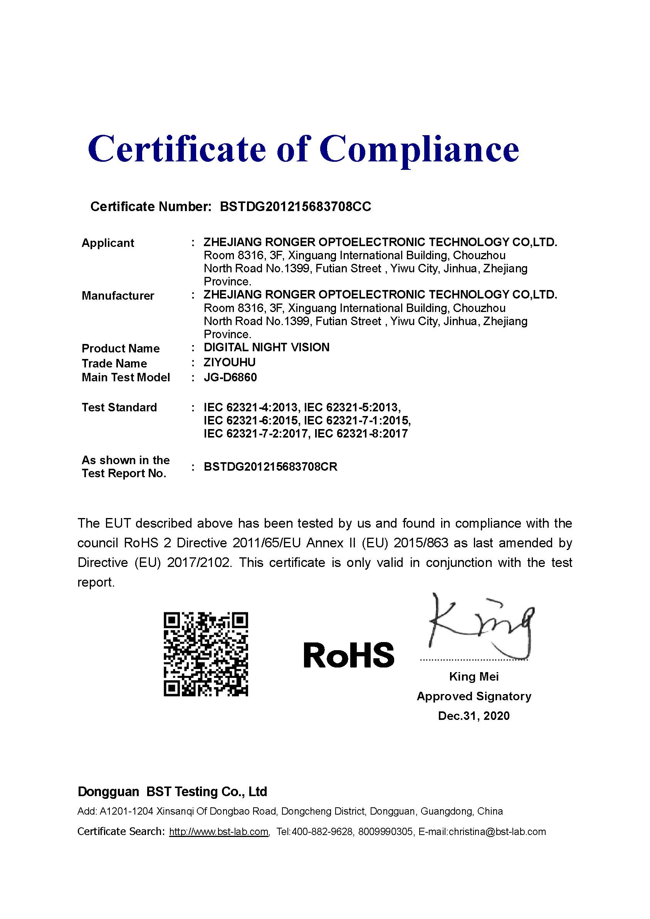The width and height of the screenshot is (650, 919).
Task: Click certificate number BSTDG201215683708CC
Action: [x=296, y=206]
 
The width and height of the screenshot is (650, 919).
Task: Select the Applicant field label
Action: [x=108, y=243]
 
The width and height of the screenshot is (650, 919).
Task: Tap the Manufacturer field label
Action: [x=118, y=296]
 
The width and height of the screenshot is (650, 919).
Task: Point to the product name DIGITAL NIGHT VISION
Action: [x=266, y=347]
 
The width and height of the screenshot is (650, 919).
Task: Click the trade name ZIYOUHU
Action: [x=230, y=363]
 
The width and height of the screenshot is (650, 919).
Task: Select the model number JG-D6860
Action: [x=230, y=377]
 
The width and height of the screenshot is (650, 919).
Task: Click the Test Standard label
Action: [x=119, y=408]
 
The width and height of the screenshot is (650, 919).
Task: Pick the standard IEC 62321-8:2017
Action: [x=361, y=434]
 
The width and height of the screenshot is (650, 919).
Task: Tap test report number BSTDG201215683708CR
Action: [x=270, y=467]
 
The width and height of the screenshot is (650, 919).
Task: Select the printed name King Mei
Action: [x=474, y=677]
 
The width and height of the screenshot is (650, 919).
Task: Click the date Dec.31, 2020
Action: [x=474, y=716]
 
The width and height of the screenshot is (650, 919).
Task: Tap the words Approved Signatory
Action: [x=474, y=696]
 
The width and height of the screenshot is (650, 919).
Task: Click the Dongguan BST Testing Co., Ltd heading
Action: [x=172, y=792]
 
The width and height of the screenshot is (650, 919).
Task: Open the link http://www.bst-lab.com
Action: [x=219, y=832]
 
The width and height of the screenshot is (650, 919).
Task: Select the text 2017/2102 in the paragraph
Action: [x=199, y=563]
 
